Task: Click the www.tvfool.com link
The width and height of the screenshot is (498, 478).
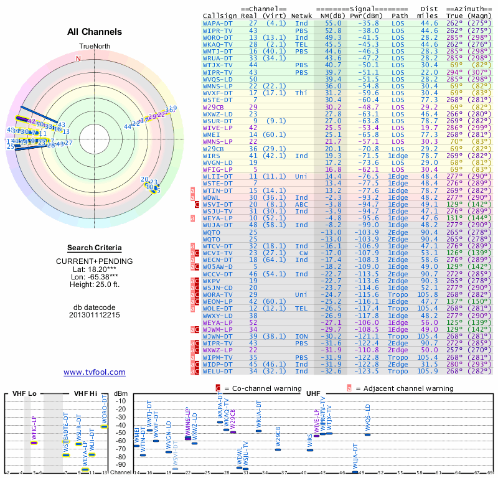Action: tap(95, 372)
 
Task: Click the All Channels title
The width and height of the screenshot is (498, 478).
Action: tap(95, 31)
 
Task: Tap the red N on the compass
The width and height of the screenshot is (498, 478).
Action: tap(78, 59)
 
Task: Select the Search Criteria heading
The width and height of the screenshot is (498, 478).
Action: tap(95, 248)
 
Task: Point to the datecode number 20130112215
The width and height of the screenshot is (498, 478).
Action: tap(95, 315)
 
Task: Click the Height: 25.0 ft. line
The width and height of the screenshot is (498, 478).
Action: tap(95, 284)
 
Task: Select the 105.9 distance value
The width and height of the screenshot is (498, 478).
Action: tap(428, 372)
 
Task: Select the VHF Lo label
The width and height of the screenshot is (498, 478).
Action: tap(24, 394)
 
